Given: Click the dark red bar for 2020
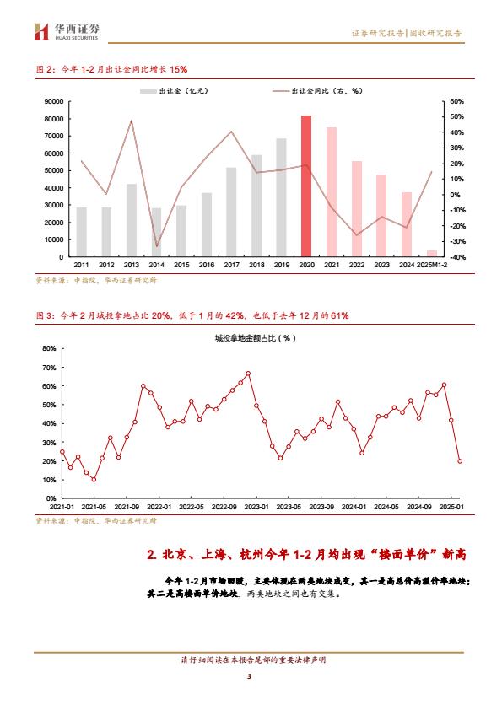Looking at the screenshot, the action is coord(307,186).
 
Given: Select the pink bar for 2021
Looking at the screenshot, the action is coord(332,192).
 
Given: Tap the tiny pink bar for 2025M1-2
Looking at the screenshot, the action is coord(432,254).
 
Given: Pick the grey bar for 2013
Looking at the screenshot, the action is coord(132,220).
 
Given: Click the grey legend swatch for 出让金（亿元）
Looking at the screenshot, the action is coord(148,91).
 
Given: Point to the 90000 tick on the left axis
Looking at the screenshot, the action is coord(54,101).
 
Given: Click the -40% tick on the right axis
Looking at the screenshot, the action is coord(456,257).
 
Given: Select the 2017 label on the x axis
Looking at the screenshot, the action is coord(231,265).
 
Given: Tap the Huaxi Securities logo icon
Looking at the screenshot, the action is coord(41,32).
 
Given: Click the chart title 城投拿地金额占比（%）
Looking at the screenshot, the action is coord(255,338).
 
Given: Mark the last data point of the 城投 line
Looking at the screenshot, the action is coord(460,461).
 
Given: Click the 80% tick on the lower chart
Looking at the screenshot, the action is coord(49,348).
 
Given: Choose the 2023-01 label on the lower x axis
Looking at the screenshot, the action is coord(256,507).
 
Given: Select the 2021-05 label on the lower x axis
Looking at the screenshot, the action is coord(94,507).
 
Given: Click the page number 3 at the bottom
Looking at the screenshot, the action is coord(249,676).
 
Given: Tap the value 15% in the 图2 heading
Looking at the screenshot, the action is coord(179,69).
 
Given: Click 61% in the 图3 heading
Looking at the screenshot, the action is coord(340,315).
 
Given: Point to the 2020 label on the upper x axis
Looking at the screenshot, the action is coord(307,265).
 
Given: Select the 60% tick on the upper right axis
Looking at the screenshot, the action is coord(456,101).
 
